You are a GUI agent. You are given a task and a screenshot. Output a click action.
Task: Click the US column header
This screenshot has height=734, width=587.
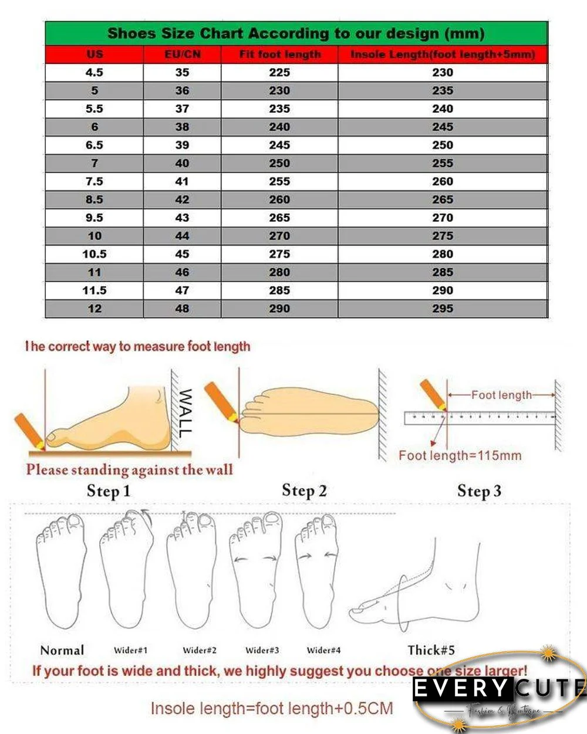click(95, 55)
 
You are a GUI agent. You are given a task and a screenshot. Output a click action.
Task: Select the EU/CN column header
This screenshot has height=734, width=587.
click(183, 55)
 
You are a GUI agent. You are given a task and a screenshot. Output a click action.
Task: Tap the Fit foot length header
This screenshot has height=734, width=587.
click(279, 55)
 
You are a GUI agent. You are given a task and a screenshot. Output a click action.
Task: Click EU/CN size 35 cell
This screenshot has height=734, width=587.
click(183, 72)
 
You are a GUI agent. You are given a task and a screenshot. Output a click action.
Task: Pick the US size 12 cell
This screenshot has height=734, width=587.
click(95, 309)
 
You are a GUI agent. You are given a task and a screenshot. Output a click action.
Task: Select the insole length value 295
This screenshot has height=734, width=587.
click(443, 309)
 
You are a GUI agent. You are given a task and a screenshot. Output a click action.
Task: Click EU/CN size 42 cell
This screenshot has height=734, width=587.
click(183, 199)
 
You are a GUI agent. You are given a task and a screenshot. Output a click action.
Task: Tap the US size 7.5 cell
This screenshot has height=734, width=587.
click(95, 181)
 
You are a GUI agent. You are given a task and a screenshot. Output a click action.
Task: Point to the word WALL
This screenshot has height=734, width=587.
click(185, 413)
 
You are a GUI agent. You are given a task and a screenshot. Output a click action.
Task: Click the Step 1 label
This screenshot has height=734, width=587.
click(109, 491)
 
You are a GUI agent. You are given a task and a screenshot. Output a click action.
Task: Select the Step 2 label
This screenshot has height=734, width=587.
click(304, 491)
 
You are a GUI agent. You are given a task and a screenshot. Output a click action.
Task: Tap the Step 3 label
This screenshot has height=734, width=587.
click(479, 491)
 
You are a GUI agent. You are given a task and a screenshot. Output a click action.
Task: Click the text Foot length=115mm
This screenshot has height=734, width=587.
click(460, 455)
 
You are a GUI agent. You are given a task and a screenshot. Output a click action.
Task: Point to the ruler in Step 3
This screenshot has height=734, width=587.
click(479, 418)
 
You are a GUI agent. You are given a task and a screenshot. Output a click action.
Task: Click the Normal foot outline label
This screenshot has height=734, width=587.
click(62, 650)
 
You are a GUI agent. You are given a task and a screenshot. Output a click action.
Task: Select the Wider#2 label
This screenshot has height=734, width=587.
click(200, 650)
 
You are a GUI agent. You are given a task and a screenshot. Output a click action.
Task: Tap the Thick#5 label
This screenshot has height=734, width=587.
click(431, 650)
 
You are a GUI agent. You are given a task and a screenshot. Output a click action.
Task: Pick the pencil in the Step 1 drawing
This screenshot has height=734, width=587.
click(29, 431)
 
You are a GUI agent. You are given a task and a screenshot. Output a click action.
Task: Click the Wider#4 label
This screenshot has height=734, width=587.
click(323, 650)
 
